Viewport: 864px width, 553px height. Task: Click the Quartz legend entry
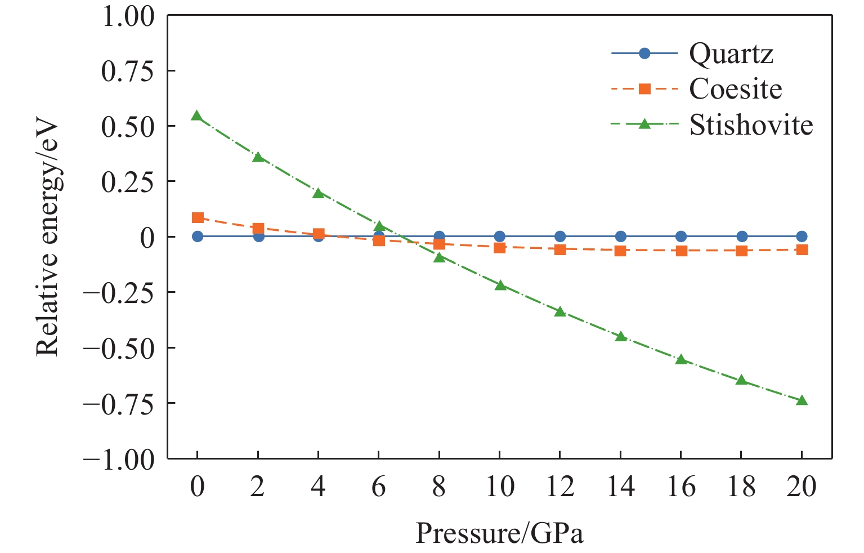pos(731,54)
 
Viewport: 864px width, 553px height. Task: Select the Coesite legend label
pos(735,89)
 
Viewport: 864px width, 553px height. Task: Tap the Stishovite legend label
pos(751,124)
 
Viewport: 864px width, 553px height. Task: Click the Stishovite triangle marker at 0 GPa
pos(197,116)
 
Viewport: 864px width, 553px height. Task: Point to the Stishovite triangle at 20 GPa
pos(802,400)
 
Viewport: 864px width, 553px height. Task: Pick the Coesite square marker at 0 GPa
pos(197,217)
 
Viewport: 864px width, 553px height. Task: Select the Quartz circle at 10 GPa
pos(500,237)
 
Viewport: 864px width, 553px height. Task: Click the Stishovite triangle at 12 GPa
pos(560,311)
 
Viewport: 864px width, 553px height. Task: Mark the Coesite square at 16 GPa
pos(681,251)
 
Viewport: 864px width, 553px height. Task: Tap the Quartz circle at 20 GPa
pos(802,237)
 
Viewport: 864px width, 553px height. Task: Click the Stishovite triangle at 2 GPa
pos(258,157)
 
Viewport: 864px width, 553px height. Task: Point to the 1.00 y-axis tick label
pos(127,17)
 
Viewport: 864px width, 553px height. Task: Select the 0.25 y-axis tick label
pos(127,182)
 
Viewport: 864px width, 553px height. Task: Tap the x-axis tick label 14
pos(620,486)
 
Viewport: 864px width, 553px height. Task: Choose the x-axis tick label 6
pos(379,486)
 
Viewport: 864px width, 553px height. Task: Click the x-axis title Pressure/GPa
pos(499,532)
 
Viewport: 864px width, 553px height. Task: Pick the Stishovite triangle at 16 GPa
pos(681,359)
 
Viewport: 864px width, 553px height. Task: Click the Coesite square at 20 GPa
pos(802,249)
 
